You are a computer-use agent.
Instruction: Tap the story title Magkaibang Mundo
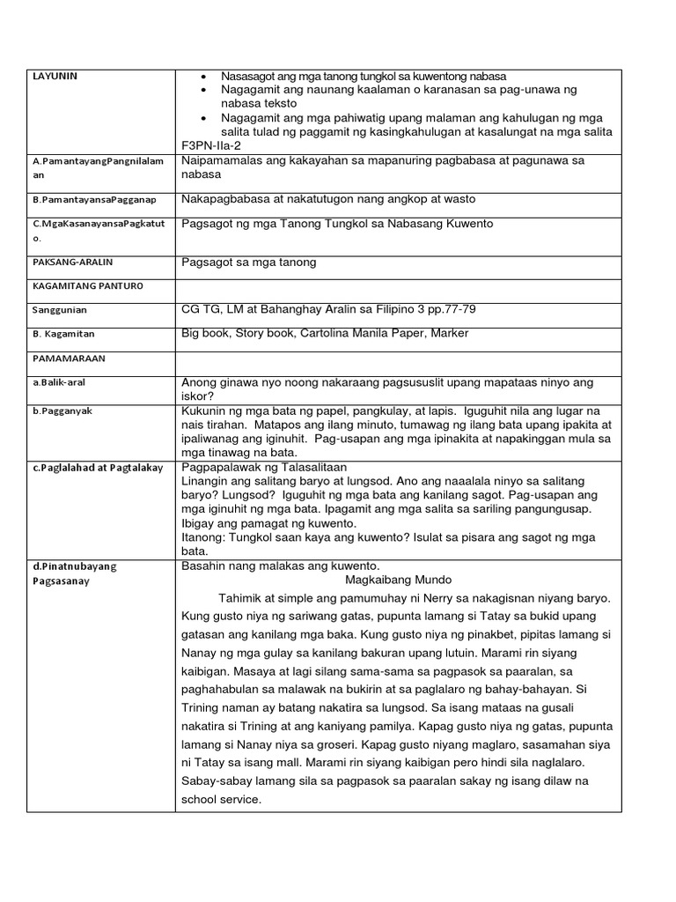[x=399, y=580]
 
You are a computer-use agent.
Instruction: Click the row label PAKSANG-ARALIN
[x=70, y=262]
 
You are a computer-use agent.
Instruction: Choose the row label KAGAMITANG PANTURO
[x=86, y=286]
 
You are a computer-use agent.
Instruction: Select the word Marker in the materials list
[x=448, y=333]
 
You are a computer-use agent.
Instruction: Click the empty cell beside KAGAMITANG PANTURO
[x=398, y=286]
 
